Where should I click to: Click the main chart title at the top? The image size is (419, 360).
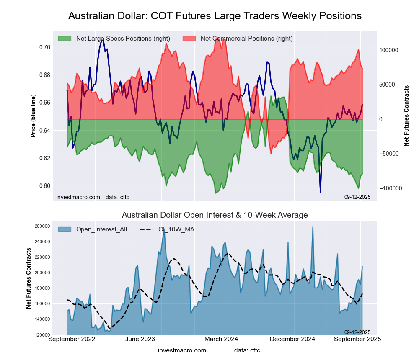point(215,16)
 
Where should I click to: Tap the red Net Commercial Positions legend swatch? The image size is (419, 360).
point(189,39)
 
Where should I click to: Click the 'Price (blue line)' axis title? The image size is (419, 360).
point(33,116)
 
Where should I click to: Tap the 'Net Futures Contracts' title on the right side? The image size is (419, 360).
point(406,116)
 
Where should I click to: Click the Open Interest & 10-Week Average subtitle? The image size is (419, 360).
point(215,215)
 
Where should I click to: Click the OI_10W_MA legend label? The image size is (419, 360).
point(176,229)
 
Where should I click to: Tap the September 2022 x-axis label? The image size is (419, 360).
point(72,339)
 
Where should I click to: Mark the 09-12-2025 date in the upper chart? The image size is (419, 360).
point(357,197)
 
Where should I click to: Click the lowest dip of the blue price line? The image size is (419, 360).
point(320,193)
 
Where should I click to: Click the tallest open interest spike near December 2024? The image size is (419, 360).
point(313,227)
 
